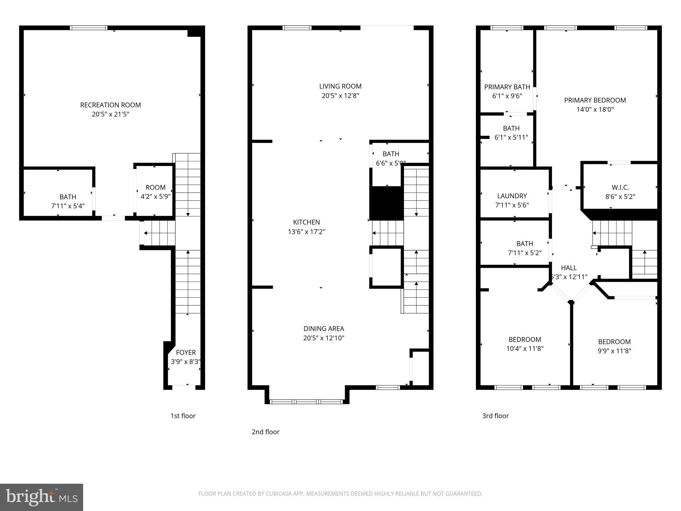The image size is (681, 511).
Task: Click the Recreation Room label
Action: pos(110,105)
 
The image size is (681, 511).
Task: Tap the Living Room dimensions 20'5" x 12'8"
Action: pos(340,96)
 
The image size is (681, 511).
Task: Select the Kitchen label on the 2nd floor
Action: pos(306,222)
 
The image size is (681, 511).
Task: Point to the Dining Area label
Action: pos(324,329)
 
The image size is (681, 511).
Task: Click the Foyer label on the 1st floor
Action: pos(186,352)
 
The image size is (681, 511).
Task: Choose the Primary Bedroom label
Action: pos(595,100)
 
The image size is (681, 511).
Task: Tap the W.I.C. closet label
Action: pos(620,187)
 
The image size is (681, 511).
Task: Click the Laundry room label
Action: pos(512,196)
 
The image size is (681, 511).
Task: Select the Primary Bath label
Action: pos(507,87)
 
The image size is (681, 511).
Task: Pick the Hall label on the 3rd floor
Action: pos(569,268)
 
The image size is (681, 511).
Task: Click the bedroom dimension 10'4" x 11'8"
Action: pos(525,349)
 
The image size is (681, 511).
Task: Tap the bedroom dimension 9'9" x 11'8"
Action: pos(614,351)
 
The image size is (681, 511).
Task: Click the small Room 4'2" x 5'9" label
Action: pos(155,187)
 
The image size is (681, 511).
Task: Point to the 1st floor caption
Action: pos(183,416)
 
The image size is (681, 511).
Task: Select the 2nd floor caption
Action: pos(265,432)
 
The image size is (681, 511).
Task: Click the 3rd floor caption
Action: pos(495,416)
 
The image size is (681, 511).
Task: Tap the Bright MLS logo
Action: pos(42,497)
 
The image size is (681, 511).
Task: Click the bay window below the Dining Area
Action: pos(307,402)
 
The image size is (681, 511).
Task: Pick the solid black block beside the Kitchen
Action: pos(386,203)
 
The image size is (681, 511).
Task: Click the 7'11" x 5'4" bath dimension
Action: pos(68,206)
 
